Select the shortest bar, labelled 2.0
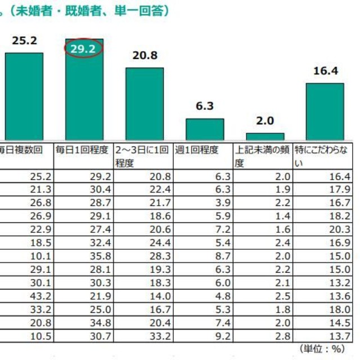265,136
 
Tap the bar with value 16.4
325,111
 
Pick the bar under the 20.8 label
145,103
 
